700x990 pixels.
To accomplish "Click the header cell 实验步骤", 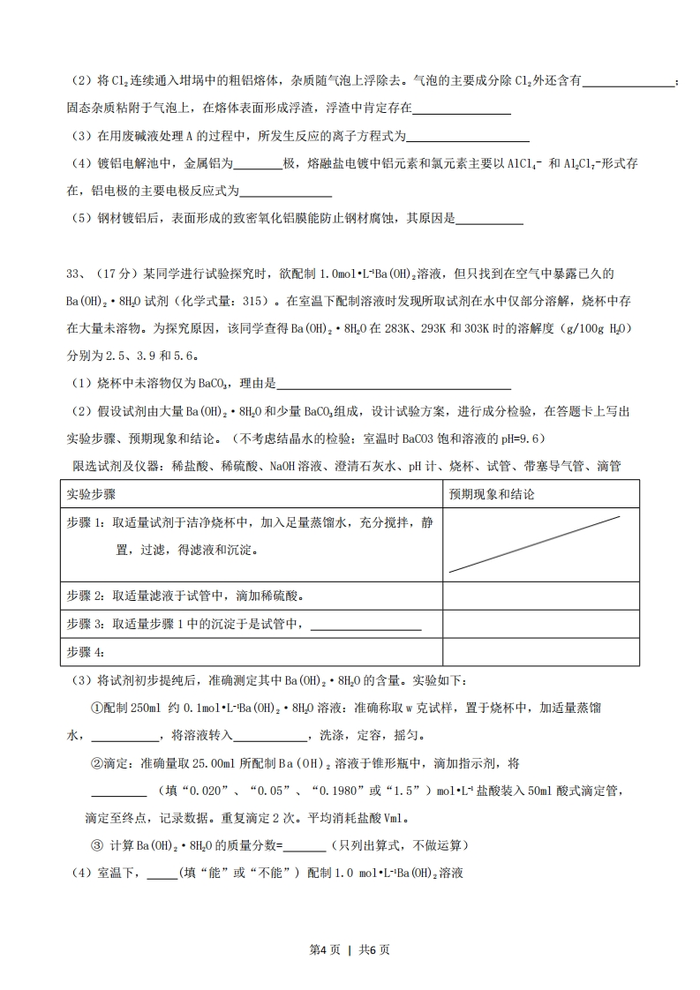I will (92, 494).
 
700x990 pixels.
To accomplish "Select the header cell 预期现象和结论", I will (491, 494).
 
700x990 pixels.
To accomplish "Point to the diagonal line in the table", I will (534, 544).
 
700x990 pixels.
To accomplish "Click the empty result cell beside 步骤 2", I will (540, 596).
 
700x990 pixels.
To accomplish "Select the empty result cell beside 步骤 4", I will (540, 651).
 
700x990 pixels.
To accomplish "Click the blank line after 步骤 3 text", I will (365, 625).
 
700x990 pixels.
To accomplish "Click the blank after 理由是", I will (394, 384).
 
